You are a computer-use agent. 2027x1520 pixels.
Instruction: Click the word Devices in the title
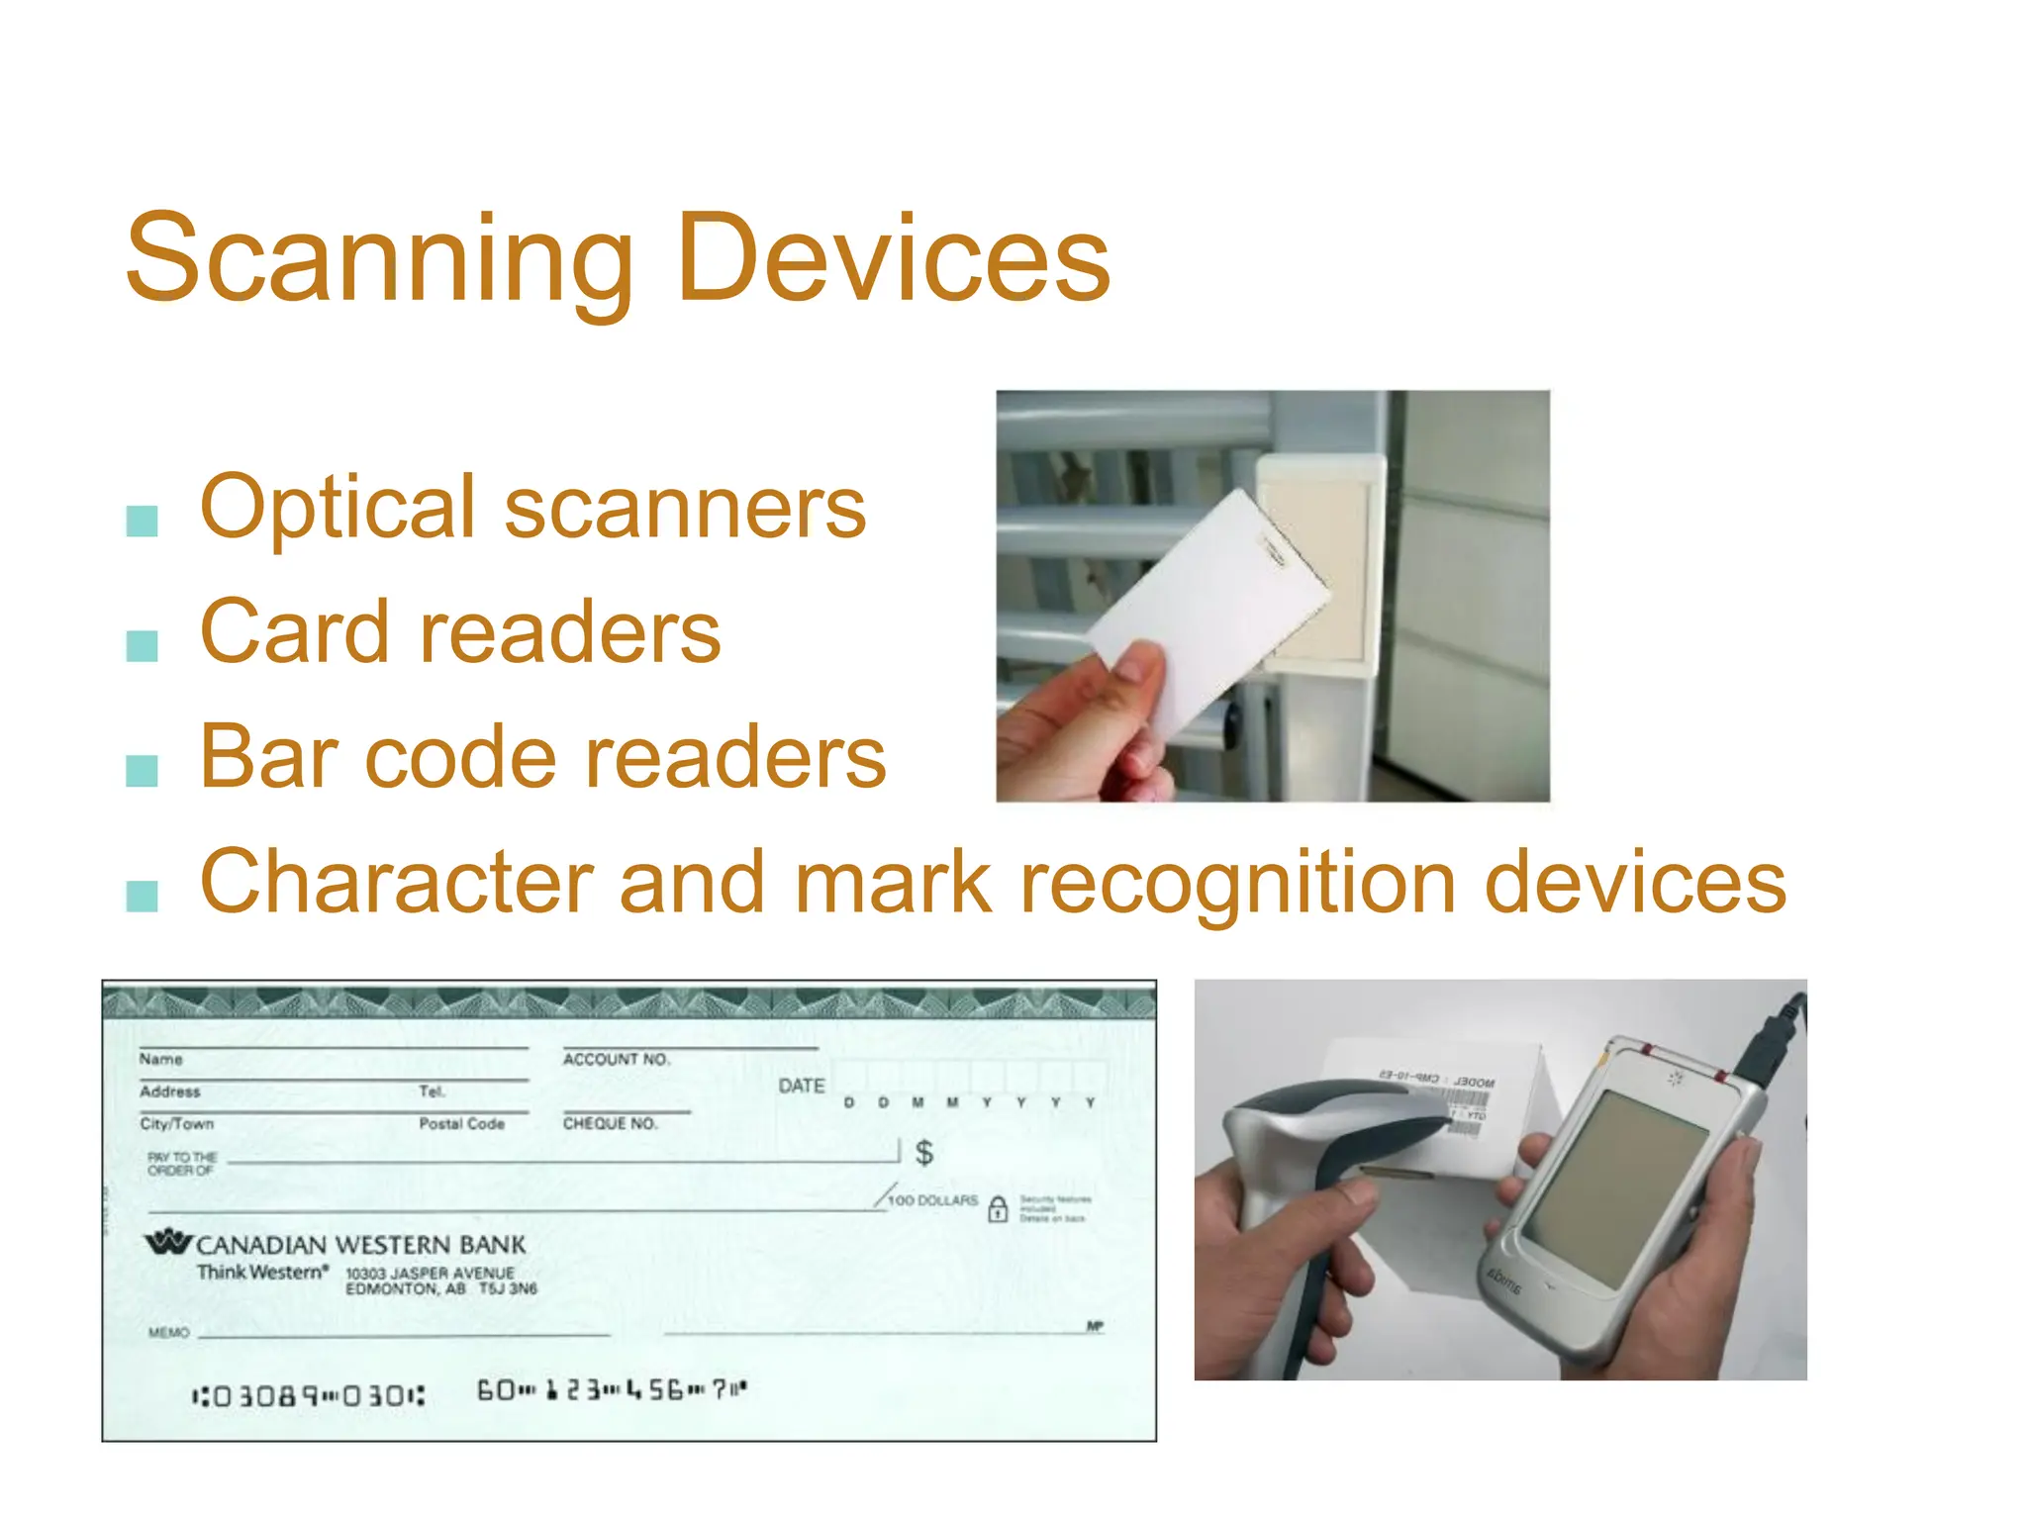[893, 259]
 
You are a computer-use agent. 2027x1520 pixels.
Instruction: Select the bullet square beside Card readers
[143, 645]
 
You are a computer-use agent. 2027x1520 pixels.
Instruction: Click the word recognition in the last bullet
[1237, 883]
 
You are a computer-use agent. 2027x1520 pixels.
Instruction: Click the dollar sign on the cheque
[923, 1152]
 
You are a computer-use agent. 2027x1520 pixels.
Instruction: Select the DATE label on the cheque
[801, 1086]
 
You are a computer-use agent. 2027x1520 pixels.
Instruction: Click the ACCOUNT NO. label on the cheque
[616, 1059]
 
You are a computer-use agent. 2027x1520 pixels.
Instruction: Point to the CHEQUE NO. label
[610, 1123]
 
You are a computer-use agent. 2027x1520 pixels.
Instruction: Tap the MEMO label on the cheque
[168, 1332]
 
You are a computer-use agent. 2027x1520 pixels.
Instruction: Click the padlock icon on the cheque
[998, 1208]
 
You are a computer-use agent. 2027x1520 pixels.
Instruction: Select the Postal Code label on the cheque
[461, 1123]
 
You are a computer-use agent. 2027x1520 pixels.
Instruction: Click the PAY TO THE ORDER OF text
[181, 1164]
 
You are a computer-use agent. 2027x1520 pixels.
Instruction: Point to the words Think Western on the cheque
[261, 1273]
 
